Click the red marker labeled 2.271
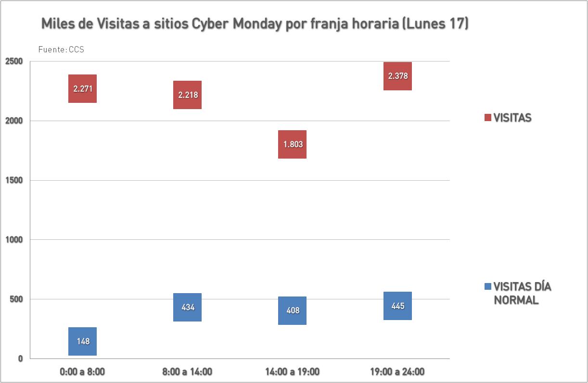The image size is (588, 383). [x=82, y=88]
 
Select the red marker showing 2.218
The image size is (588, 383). [x=187, y=95]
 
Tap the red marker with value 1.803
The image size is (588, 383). [x=292, y=144]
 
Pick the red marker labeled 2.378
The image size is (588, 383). [x=397, y=76]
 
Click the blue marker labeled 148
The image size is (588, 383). [x=82, y=341]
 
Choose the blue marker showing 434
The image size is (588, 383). [x=187, y=307]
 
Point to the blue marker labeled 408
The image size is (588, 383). [x=292, y=310]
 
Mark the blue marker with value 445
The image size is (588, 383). [x=397, y=306]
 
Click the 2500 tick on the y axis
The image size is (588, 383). [x=13, y=62]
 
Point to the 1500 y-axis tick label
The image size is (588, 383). [x=13, y=180]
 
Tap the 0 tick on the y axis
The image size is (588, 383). [x=20, y=358]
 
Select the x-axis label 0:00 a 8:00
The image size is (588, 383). [x=82, y=371]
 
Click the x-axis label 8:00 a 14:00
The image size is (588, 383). [x=187, y=371]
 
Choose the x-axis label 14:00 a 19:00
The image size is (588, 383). [x=292, y=371]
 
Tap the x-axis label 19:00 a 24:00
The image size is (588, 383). [x=397, y=371]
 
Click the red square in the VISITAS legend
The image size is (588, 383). [x=487, y=118]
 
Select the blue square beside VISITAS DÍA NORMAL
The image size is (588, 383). [x=487, y=287]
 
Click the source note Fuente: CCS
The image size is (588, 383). [x=61, y=49]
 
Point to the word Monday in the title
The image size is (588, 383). [x=256, y=24]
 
